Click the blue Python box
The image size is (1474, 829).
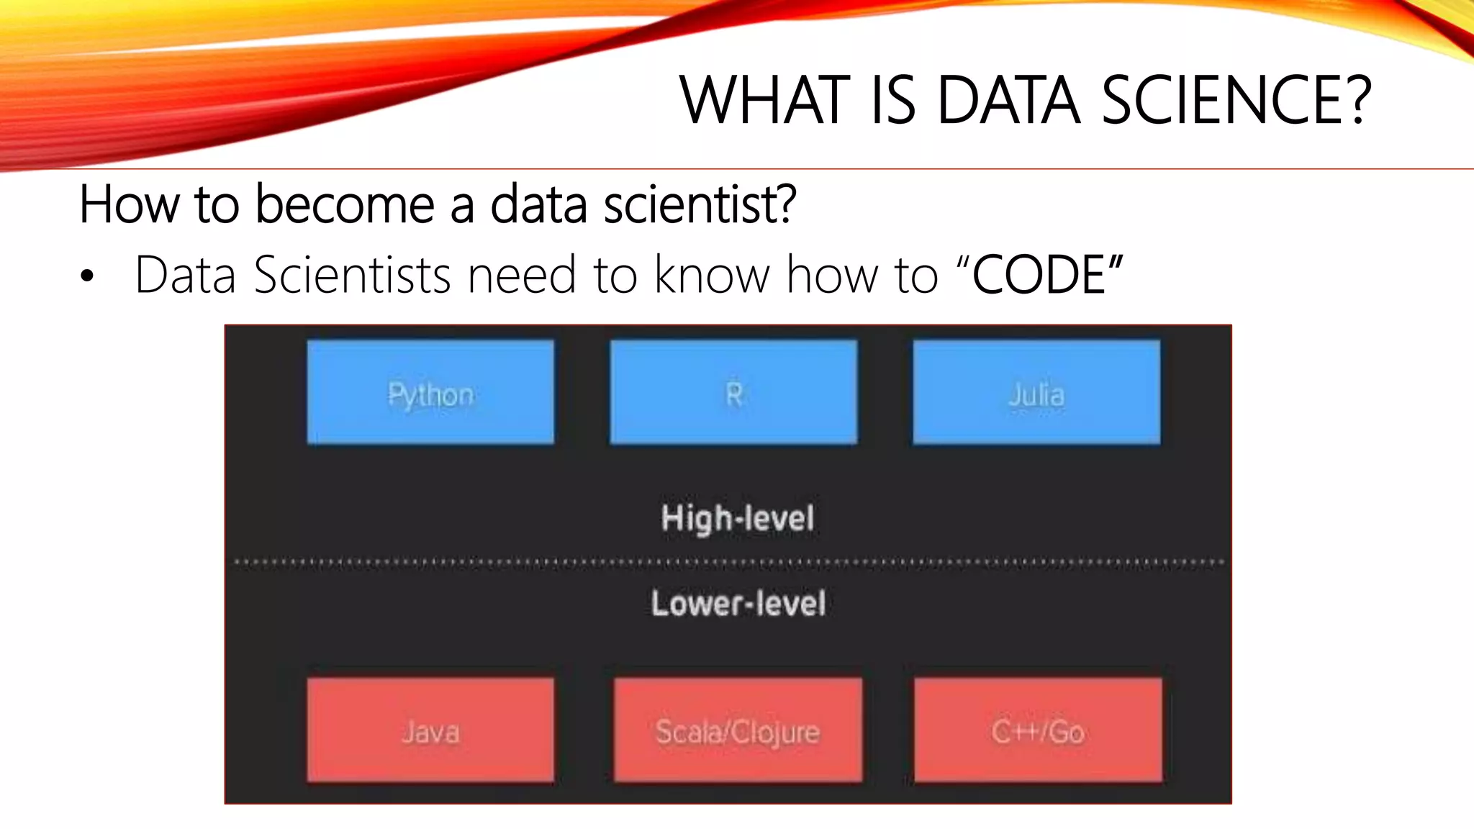coord(430,392)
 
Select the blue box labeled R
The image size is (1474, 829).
coord(733,392)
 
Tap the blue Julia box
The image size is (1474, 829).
coord(1036,392)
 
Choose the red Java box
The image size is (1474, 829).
coord(430,730)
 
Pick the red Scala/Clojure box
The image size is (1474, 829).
coord(738,730)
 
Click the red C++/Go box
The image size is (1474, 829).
coord(1038,730)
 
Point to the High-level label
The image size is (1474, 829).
coord(738,518)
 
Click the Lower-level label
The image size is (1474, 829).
coord(738,603)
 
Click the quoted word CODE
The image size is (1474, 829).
coord(1039,275)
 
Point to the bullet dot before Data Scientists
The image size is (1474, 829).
coord(87,276)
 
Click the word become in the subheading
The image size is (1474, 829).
coord(345,204)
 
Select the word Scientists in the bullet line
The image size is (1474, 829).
coord(352,275)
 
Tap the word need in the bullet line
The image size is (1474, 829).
coord(522,275)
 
